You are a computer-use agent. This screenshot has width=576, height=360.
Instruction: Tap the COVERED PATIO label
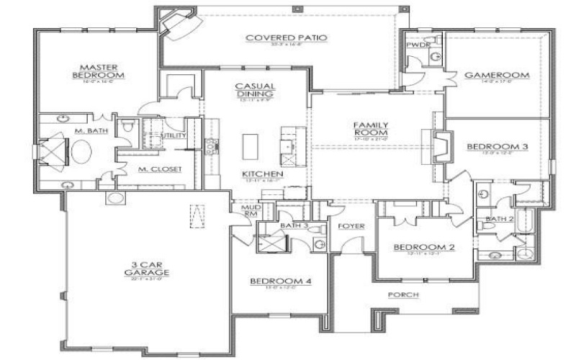click(287, 37)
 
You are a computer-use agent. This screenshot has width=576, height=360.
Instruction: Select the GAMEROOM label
click(497, 75)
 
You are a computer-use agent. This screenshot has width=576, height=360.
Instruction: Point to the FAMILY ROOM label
click(371, 129)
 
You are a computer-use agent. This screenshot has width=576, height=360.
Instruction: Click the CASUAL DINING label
click(254, 90)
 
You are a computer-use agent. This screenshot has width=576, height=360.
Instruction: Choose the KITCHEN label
click(262, 175)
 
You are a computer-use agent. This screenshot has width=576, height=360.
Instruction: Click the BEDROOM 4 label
click(280, 281)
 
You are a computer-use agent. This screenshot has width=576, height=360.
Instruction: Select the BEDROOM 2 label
click(423, 248)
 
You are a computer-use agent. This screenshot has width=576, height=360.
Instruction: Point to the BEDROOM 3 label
click(498, 147)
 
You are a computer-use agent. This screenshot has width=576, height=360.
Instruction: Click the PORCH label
click(403, 295)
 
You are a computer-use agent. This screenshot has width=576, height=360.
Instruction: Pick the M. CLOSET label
click(160, 169)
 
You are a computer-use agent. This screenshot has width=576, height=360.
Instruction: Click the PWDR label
click(417, 45)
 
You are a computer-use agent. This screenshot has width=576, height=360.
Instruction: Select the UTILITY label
click(175, 135)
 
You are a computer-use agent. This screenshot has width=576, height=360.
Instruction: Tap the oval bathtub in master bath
click(81, 153)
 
